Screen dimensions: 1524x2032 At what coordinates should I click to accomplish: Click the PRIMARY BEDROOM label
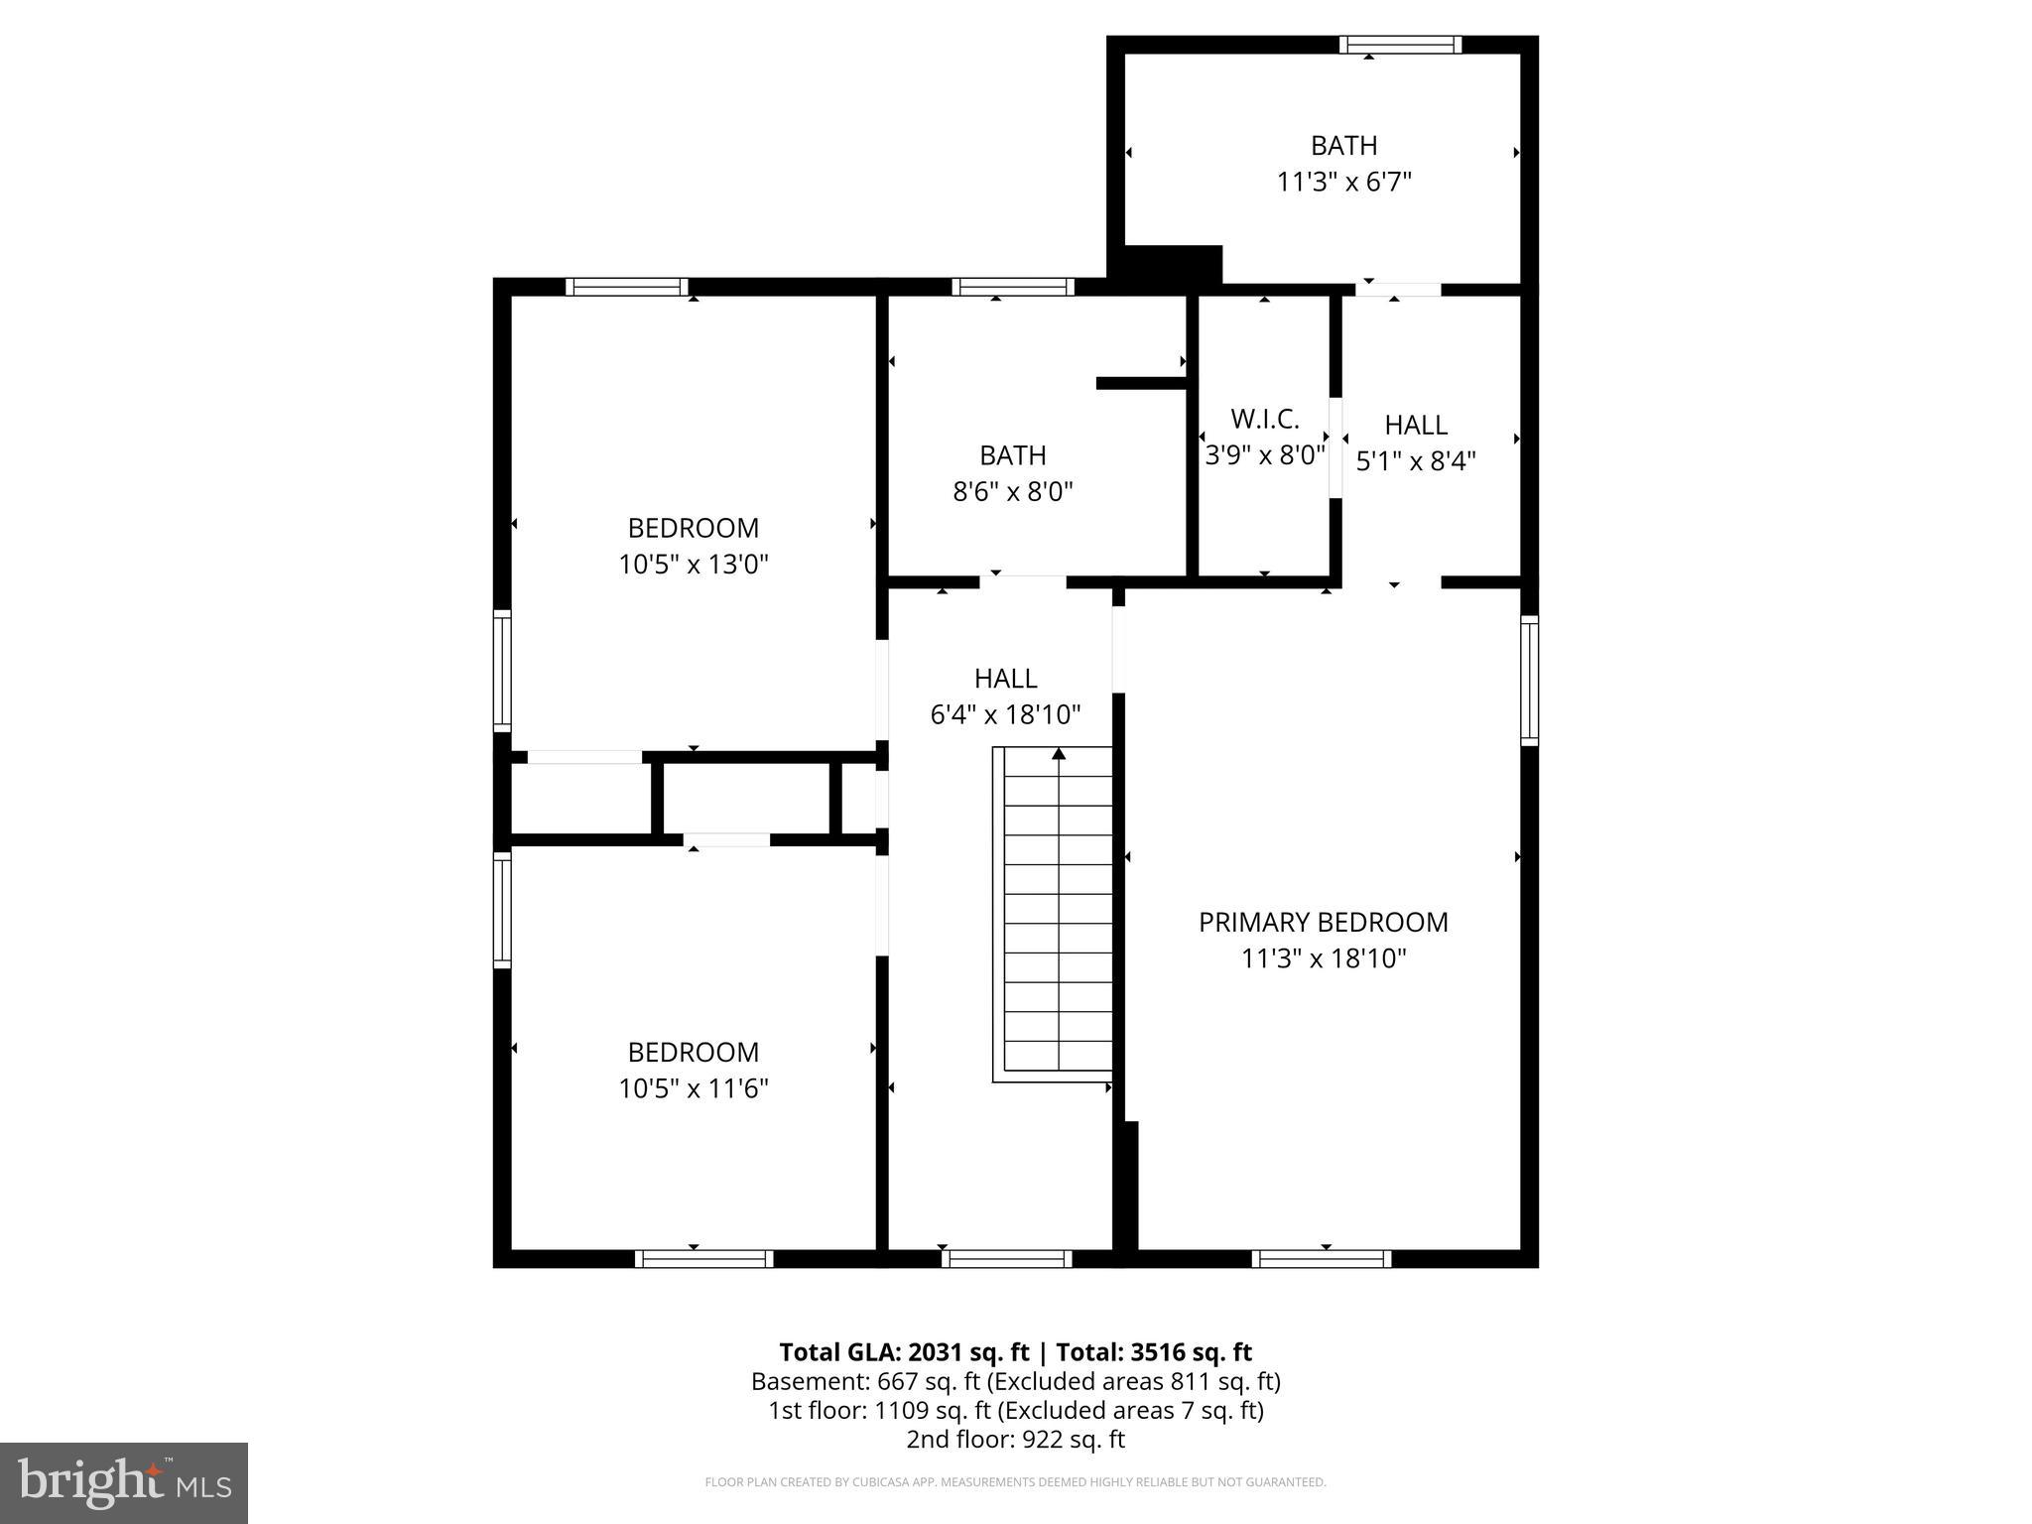pyautogui.click(x=1323, y=922)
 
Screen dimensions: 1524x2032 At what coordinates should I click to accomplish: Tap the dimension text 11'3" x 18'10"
pyautogui.click(x=1323, y=958)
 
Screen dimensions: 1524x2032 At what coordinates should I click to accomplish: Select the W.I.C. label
pyautogui.click(x=1264, y=419)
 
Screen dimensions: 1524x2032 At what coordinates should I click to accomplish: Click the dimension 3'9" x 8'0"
pyautogui.click(x=1264, y=455)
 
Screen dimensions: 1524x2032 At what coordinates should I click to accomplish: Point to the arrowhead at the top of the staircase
pyautogui.click(x=1059, y=754)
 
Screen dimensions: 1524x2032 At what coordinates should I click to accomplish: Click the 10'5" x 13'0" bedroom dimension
pyautogui.click(x=694, y=565)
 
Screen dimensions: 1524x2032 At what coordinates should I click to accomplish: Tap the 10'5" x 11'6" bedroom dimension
pyautogui.click(x=694, y=1088)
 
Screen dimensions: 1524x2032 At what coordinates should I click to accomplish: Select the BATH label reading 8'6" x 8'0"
pyautogui.click(x=1012, y=455)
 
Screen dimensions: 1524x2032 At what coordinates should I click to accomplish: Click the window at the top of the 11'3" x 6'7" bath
pyautogui.click(x=1400, y=45)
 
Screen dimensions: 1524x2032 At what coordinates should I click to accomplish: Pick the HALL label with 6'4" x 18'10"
pyautogui.click(x=1005, y=679)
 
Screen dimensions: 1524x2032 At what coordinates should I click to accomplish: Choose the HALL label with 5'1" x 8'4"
pyautogui.click(x=1416, y=425)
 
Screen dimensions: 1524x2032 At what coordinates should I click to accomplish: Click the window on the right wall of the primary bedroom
pyautogui.click(x=1529, y=680)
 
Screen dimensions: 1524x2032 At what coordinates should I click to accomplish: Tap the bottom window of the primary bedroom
pyautogui.click(x=1321, y=1259)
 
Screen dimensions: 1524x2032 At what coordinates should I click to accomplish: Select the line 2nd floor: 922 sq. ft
pyautogui.click(x=1015, y=1439)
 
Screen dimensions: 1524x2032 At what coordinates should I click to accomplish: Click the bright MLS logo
pyautogui.click(x=124, y=1482)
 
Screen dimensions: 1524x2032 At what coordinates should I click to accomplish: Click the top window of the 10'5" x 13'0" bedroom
pyautogui.click(x=627, y=287)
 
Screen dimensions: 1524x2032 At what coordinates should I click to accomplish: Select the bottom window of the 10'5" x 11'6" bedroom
pyautogui.click(x=704, y=1259)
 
